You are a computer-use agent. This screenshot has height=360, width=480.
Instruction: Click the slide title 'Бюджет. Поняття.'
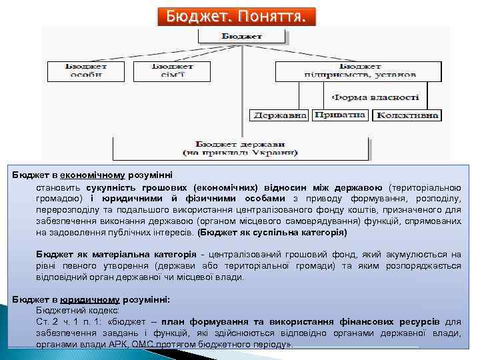pos(237,16)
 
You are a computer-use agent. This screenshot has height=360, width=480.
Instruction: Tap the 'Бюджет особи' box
pos(86,69)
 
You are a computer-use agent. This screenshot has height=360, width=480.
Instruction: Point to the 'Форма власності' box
pos(375,97)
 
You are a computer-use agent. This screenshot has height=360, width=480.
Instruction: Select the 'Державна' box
pos(279,115)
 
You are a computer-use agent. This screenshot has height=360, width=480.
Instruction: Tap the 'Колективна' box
pos(407,115)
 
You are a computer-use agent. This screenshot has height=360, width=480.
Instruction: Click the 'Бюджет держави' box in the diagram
pos(241,148)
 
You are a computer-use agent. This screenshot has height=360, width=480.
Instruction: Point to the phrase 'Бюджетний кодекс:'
pos(78,311)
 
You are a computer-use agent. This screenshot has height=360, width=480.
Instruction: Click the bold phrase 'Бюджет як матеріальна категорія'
pos(117,254)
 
